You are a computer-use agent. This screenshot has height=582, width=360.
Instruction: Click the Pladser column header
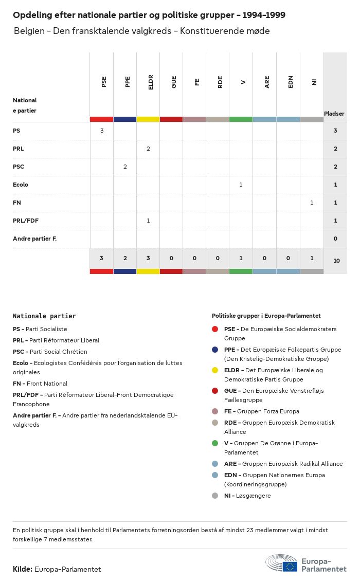click(334, 114)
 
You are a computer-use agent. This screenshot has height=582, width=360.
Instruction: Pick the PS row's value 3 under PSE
click(102, 131)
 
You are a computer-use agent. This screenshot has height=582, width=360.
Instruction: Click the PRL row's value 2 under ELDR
click(148, 149)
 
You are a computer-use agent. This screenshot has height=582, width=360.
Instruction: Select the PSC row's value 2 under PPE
click(125, 167)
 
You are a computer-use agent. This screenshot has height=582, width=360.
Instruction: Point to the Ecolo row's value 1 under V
click(241, 185)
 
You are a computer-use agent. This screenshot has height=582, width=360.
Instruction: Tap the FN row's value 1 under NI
click(312, 203)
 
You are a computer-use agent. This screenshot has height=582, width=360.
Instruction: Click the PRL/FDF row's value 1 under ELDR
click(148, 221)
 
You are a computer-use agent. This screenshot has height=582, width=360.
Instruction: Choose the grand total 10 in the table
click(336, 261)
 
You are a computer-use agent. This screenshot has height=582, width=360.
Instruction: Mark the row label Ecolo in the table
click(21, 185)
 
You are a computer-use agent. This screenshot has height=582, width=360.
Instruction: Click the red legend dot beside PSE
click(215, 329)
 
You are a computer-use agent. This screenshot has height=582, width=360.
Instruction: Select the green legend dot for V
click(215, 443)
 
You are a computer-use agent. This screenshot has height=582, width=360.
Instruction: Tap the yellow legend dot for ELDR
click(215, 370)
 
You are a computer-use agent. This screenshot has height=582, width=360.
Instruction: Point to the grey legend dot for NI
click(215, 496)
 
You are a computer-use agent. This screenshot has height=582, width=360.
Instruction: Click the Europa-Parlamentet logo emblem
click(281, 563)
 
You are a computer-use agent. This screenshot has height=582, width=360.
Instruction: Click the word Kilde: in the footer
click(23, 569)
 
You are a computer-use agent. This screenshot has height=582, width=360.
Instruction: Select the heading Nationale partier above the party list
click(44, 316)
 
